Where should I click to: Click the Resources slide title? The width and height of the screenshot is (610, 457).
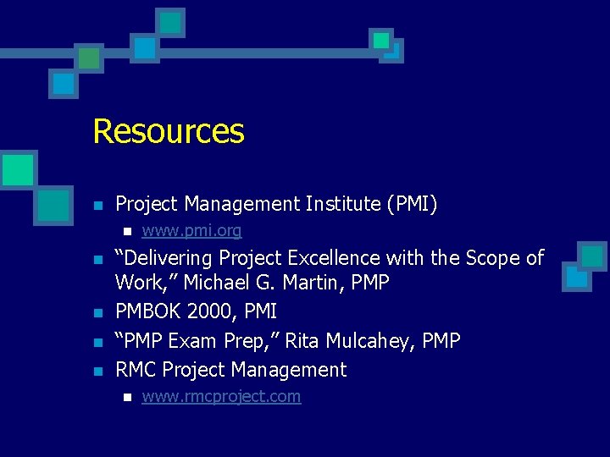tap(168, 131)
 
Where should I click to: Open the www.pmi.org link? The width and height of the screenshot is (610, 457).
tap(191, 231)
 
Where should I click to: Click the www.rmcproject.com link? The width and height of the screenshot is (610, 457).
tap(221, 397)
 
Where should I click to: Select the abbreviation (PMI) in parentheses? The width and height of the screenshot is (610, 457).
tap(412, 204)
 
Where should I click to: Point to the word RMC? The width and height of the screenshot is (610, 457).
tap(136, 370)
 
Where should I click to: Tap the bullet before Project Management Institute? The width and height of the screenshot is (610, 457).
tap(98, 205)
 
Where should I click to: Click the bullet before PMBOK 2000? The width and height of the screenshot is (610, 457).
tap(98, 313)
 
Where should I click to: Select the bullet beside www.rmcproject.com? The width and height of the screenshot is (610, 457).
tap(126, 398)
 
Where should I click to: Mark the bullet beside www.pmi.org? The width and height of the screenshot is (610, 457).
tap(126, 232)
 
